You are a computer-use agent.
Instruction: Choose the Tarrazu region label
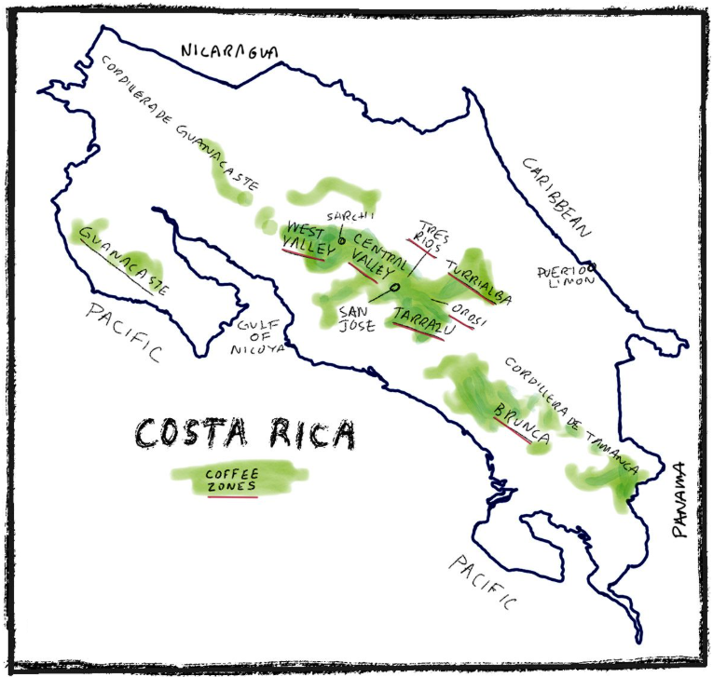[422, 318]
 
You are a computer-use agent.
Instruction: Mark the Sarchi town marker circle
[341, 241]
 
